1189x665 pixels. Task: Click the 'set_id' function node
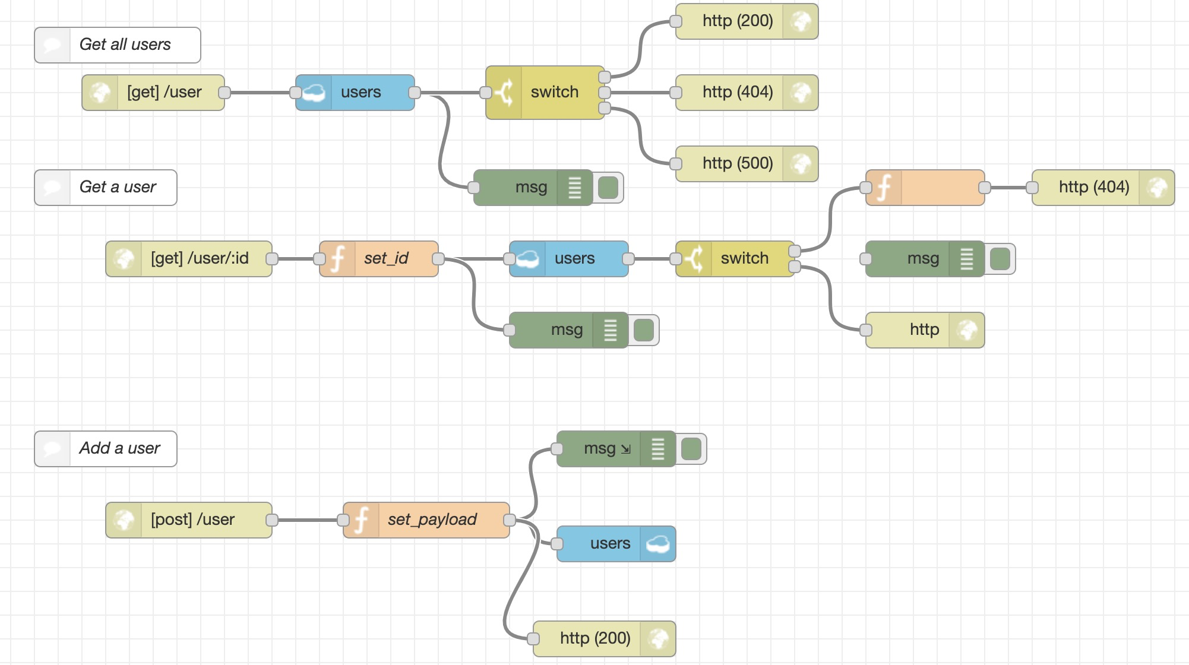386,259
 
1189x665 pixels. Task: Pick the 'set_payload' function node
432,520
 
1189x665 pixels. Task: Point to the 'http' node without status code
924,330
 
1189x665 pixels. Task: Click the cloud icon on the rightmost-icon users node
658,544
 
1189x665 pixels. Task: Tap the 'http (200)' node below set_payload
595,639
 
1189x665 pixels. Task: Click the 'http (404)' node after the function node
1094,188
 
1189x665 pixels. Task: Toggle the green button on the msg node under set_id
644,330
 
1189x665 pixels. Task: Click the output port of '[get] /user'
224,93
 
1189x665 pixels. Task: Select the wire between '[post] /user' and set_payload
308,520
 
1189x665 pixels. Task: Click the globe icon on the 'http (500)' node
801,164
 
